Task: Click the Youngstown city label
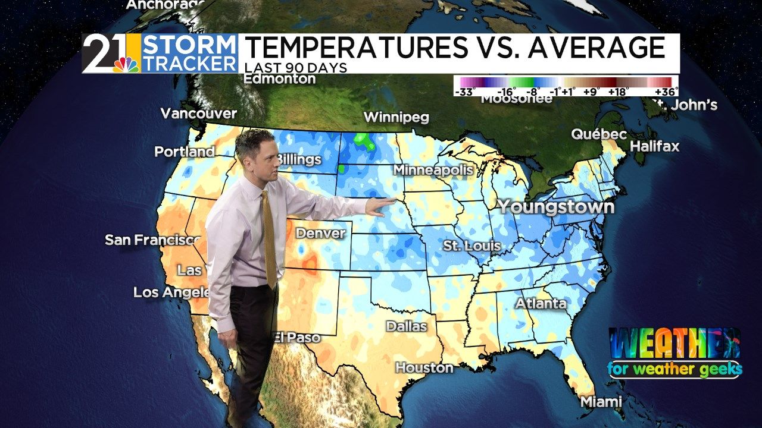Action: click(555, 207)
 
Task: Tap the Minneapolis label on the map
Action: click(433, 170)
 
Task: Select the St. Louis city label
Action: click(471, 245)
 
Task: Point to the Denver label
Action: click(321, 233)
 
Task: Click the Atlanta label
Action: click(541, 303)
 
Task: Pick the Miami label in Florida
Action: click(601, 401)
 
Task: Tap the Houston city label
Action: click(424, 367)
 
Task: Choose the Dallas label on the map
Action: click(406, 326)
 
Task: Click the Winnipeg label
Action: click(396, 117)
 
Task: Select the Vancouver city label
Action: click(198, 113)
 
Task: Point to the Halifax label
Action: click(654, 146)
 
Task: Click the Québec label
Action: click(599, 134)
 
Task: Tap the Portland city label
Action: click(184, 152)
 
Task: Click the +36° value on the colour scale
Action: click(666, 92)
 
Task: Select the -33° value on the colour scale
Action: click(464, 92)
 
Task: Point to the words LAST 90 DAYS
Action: click(296, 68)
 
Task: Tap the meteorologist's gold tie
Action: click(269, 238)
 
